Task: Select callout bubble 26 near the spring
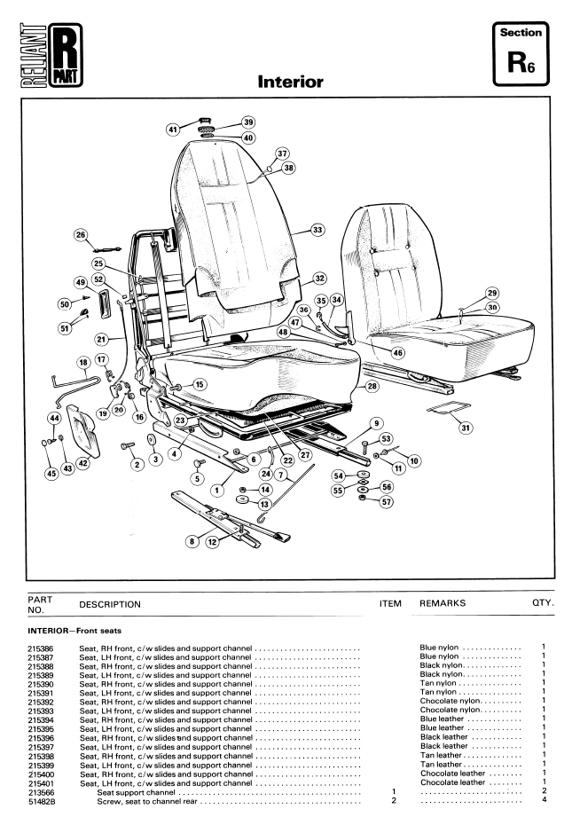[81, 235]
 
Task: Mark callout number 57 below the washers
[387, 502]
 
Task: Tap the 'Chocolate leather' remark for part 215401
[452, 782]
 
